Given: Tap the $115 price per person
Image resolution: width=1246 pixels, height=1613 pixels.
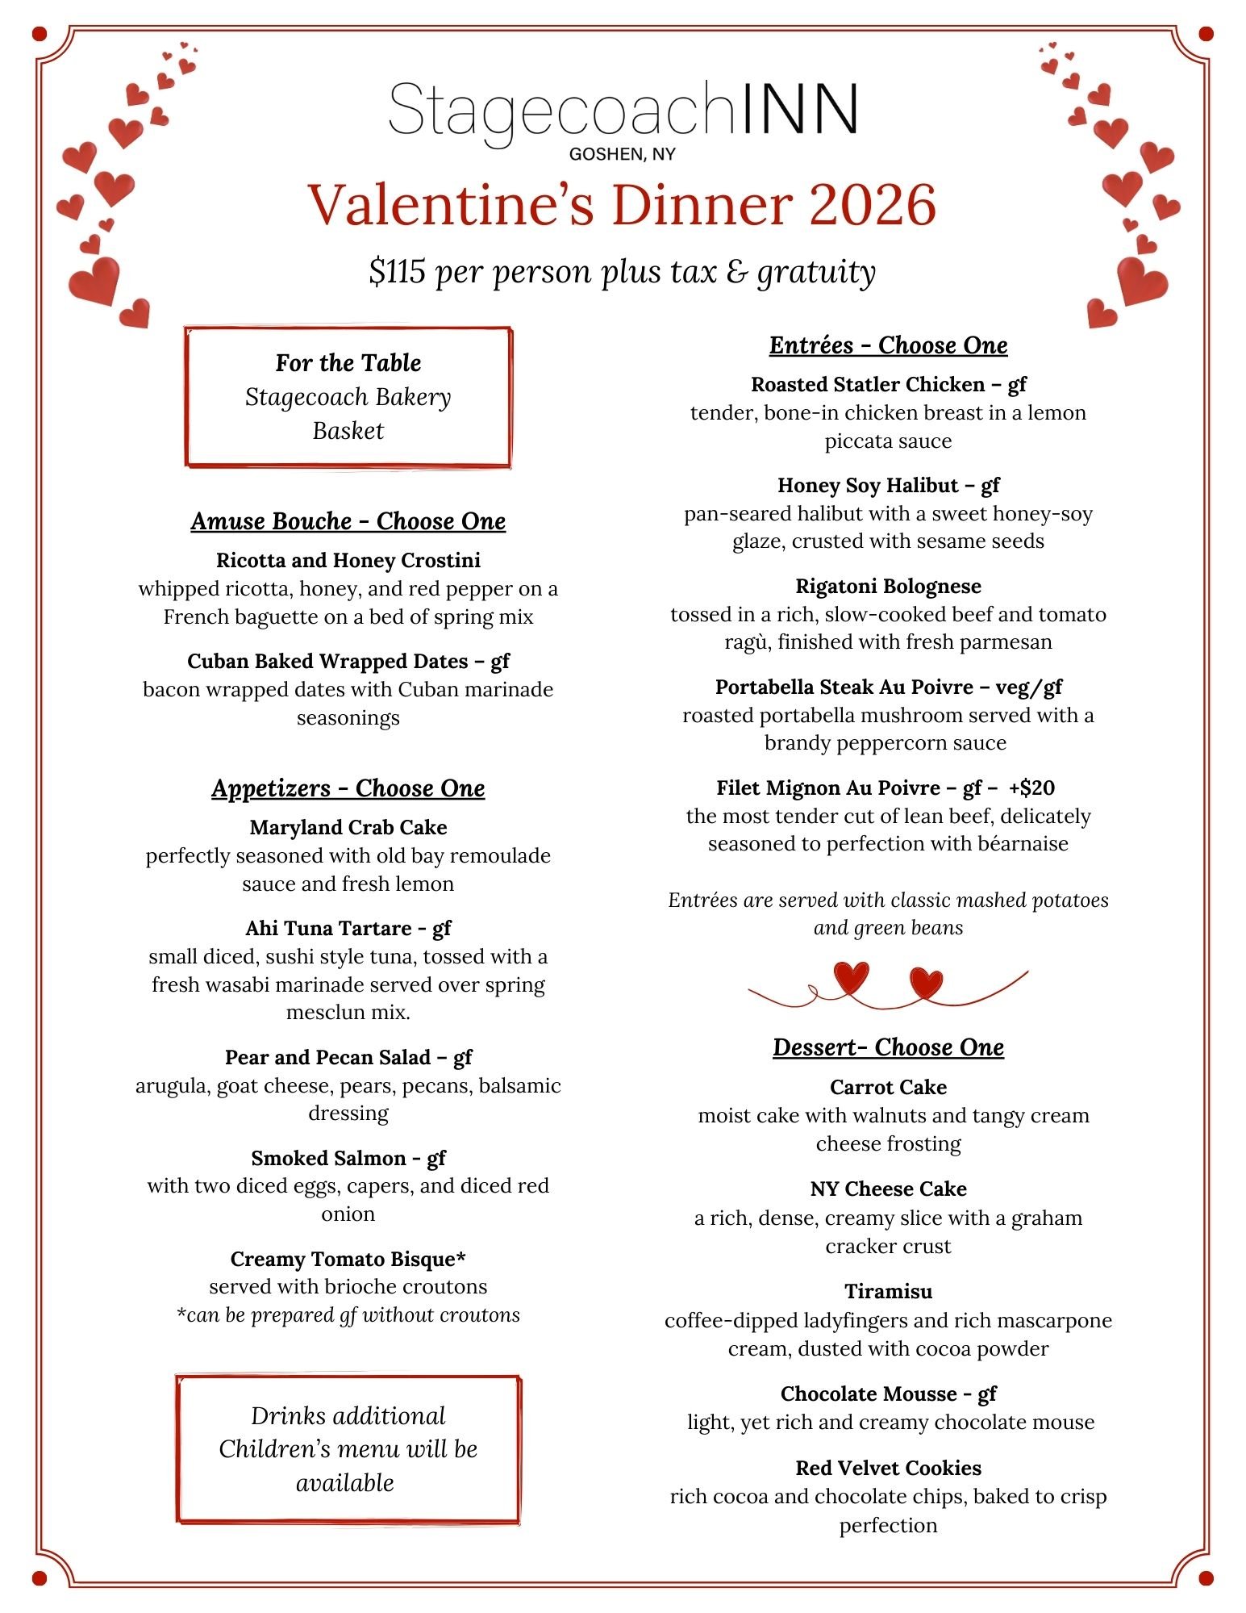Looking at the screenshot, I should click(x=397, y=272).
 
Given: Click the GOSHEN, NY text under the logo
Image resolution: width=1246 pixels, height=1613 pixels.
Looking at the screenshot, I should click(x=622, y=154).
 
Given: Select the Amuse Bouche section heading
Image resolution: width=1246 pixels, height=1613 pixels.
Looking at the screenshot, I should click(x=348, y=521).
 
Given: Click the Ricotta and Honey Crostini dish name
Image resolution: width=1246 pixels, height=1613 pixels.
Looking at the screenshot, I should click(x=348, y=560).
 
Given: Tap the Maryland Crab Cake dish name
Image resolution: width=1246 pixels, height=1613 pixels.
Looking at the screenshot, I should click(x=348, y=827).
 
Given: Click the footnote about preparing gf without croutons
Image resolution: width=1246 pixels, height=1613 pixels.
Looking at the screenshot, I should click(x=348, y=1314).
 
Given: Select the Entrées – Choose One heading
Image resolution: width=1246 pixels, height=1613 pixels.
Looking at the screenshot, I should click(x=888, y=345).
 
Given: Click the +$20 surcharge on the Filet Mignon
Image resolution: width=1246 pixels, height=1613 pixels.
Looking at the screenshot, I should click(x=1031, y=788).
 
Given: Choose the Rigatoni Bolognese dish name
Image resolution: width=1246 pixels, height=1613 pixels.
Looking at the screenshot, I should click(x=888, y=586).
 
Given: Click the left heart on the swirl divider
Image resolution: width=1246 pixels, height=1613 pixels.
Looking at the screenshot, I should click(x=852, y=977).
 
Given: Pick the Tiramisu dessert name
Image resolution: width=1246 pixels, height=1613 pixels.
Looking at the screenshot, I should click(x=888, y=1291).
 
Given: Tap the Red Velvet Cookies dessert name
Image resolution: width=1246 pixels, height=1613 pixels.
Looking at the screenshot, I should click(x=888, y=1468).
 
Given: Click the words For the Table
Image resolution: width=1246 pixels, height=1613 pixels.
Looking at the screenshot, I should click(x=348, y=363).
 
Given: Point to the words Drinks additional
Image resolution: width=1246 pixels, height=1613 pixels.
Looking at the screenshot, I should click(x=348, y=1415).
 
